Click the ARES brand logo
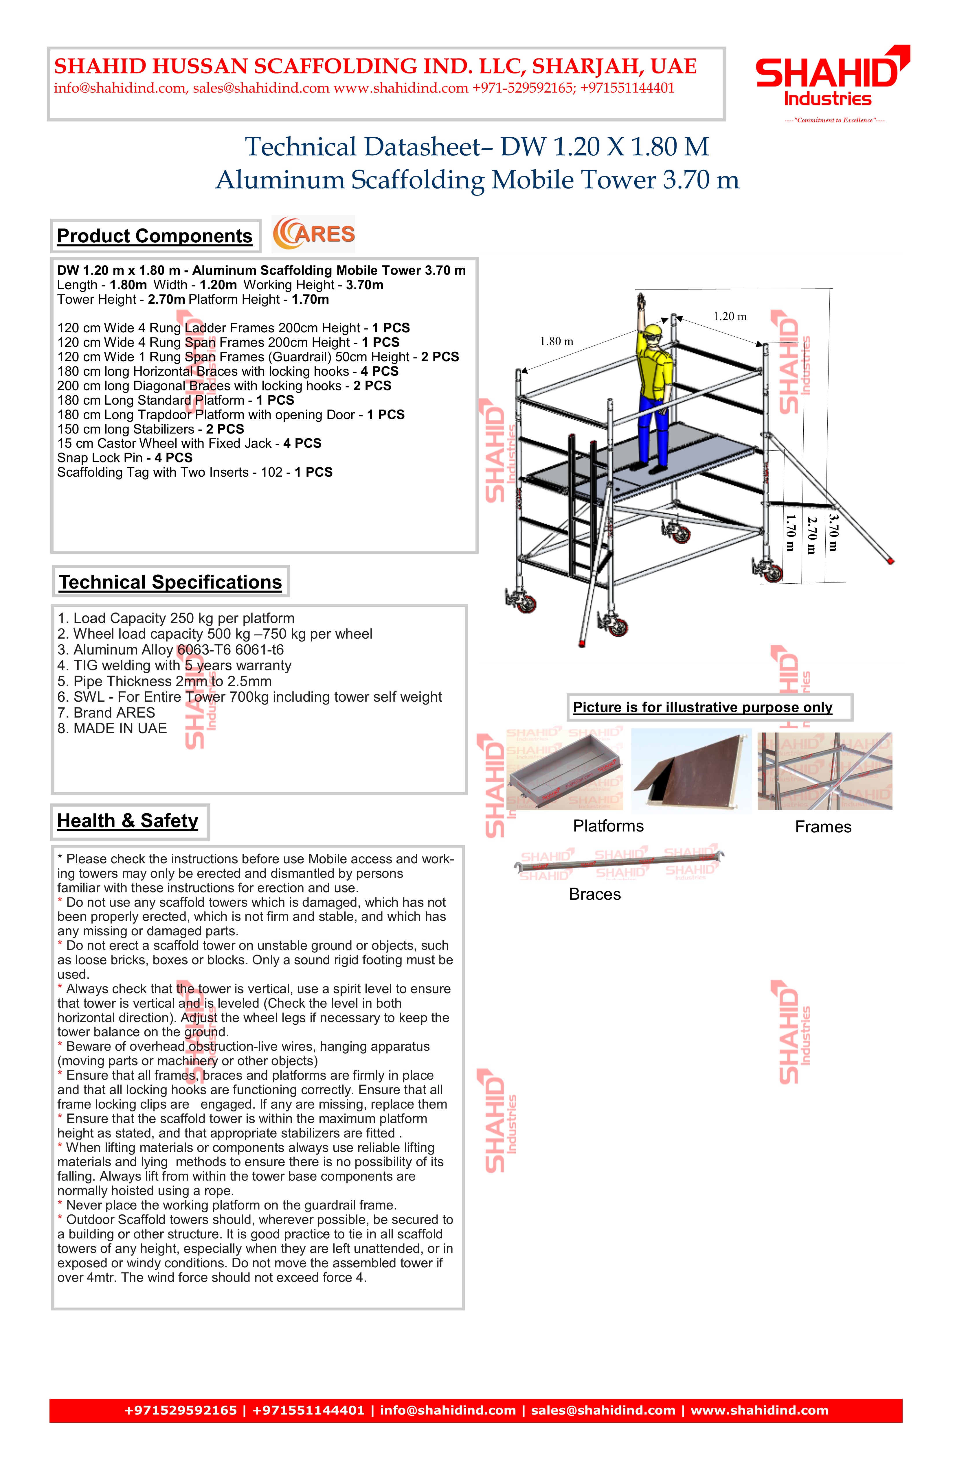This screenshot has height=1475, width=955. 314,234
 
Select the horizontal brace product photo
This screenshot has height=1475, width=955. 619,862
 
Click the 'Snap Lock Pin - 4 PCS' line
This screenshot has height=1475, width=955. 125,458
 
